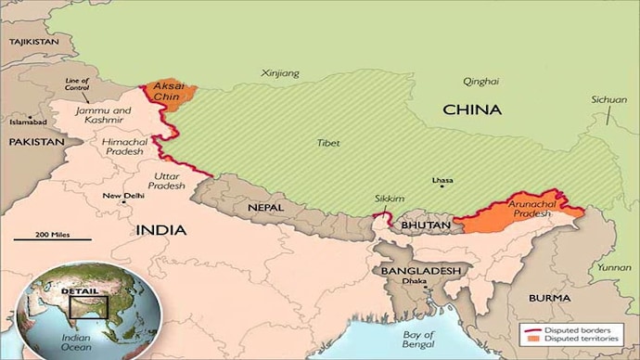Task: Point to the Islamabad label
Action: point(27,121)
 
